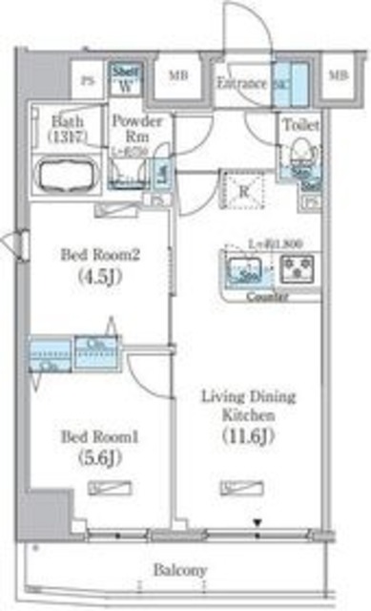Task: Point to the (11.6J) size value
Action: [250, 436]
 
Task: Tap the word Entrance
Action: [239, 83]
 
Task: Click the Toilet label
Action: [299, 125]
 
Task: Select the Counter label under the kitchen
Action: [267, 297]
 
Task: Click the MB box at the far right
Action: [337, 75]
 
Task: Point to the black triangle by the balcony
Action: [257, 521]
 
